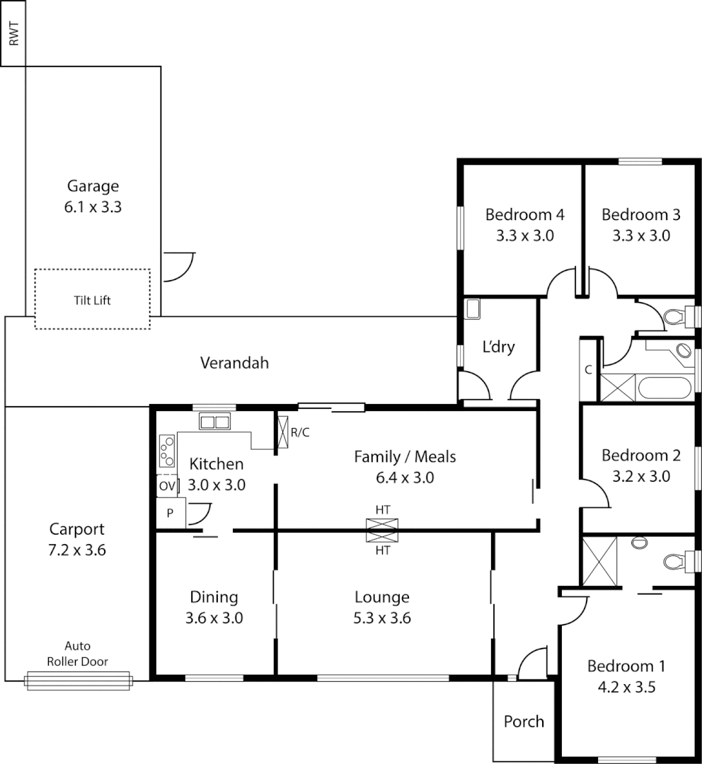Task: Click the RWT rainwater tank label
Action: (x=13, y=33)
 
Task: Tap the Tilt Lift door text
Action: (x=93, y=300)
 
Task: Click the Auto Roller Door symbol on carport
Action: (x=78, y=681)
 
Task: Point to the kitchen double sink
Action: (x=214, y=422)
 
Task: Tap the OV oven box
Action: (x=166, y=486)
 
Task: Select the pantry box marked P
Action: (x=171, y=514)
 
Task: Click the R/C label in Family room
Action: (x=300, y=432)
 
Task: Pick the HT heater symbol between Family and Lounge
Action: (x=382, y=530)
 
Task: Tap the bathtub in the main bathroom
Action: (x=662, y=389)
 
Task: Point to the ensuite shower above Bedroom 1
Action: (x=599, y=562)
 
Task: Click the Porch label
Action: (x=524, y=722)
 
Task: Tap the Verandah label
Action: (x=234, y=363)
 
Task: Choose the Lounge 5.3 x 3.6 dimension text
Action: (x=382, y=618)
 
